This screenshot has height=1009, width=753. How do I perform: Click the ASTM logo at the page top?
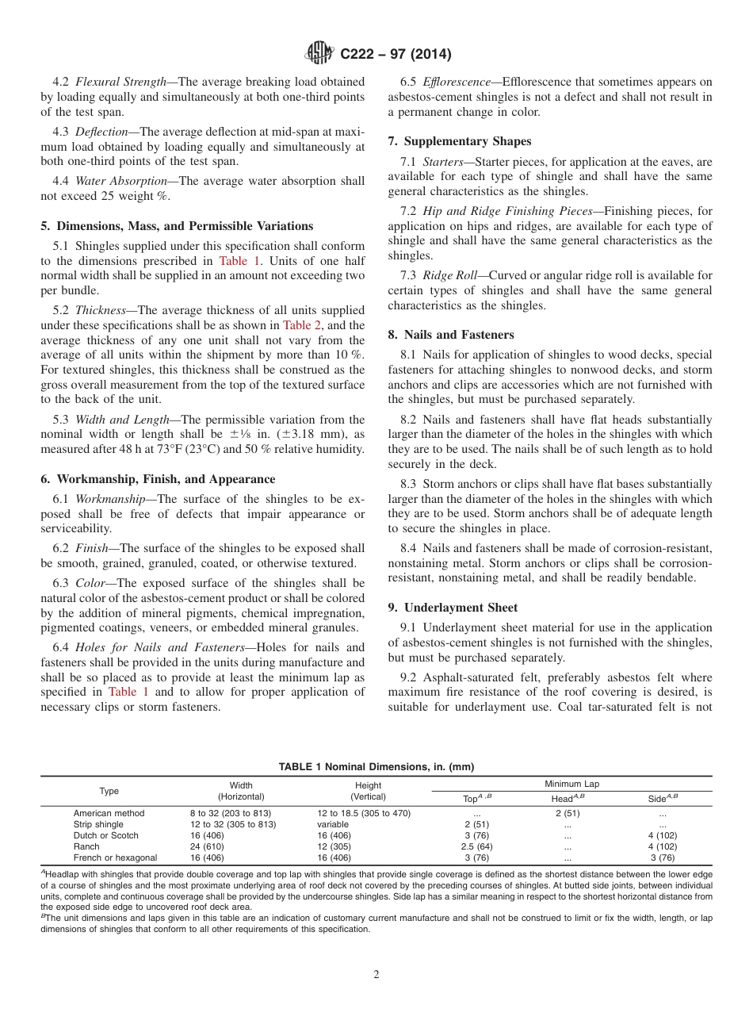tap(319, 54)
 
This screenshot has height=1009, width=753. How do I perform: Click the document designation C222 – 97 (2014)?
tap(396, 55)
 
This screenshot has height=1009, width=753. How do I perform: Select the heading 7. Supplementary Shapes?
tap(460, 141)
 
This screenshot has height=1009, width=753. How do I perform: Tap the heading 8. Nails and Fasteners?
tap(451, 335)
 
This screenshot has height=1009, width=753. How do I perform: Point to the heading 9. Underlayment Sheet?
tap(452, 608)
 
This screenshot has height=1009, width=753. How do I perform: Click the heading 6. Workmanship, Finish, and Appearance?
tap(158, 479)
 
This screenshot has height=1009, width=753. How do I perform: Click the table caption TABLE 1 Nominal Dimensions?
tap(376, 766)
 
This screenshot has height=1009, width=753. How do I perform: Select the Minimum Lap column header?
tap(571, 784)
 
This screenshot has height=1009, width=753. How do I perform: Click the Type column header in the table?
tap(109, 791)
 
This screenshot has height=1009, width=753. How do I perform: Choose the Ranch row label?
tap(86, 846)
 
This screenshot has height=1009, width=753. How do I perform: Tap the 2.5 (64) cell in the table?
tap(477, 846)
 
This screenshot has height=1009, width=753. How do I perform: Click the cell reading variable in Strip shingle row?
tap(333, 824)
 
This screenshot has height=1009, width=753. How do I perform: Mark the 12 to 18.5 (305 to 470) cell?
tap(363, 813)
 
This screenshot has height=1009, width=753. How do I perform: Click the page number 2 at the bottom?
tap(376, 975)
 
